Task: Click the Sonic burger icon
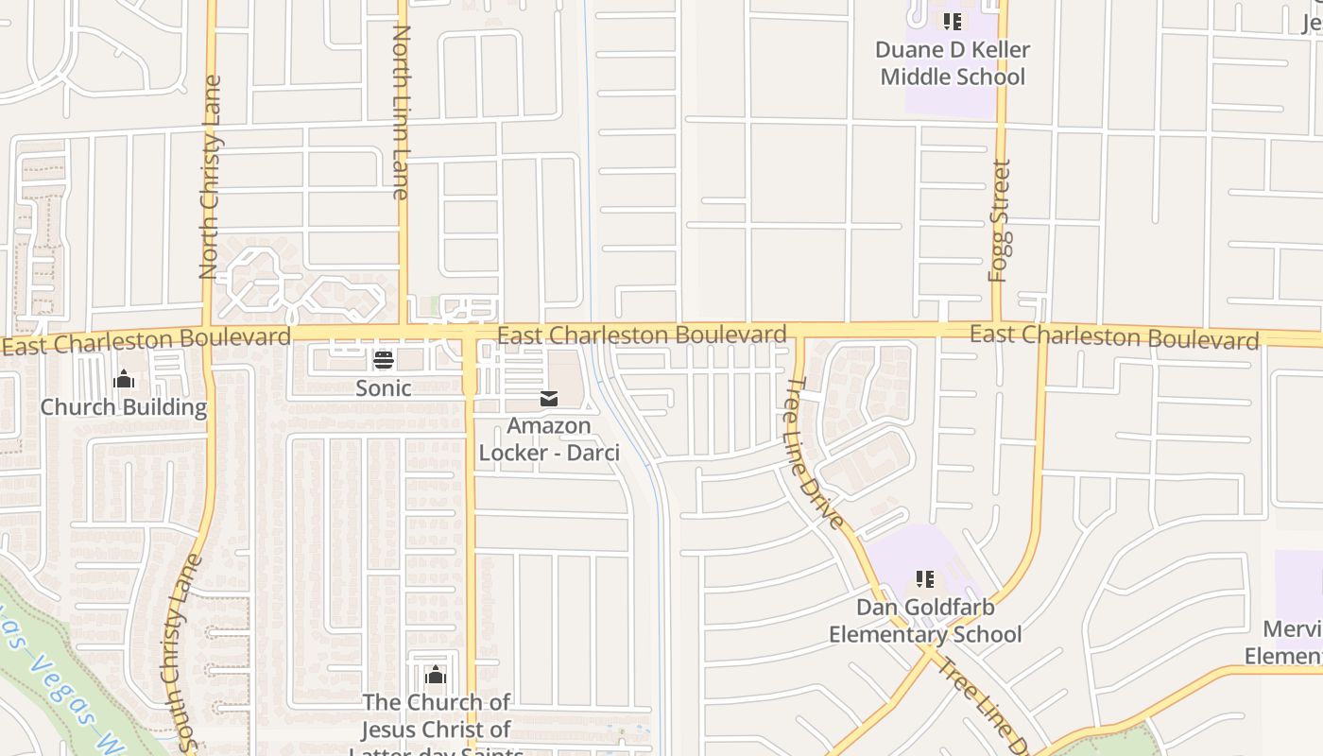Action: click(x=383, y=359)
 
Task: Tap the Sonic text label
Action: click(x=383, y=387)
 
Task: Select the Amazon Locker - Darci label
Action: click(x=549, y=439)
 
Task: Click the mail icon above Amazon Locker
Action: click(x=549, y=399)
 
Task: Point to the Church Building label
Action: click(x=123, y=407)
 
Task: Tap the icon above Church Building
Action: click(x=124, y=380)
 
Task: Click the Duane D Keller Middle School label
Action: click(x=952, y=62)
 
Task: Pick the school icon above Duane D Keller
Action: click(x=952, y=21)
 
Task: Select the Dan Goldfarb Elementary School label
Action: click(x=925, y=620)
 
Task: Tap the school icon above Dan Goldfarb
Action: click(x=925, y=578)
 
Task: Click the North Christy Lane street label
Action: click(x=211, y=177)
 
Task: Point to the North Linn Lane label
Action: click(x=401, y=112)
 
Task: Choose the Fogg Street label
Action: click(x=999, y=220)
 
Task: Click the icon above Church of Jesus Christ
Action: click(x=435, y=675)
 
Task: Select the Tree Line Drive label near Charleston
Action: click(x=814, y=453)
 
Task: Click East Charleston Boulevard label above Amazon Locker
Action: click(x=642, y=335)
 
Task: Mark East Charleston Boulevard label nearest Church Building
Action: click(x=146, y=341)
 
